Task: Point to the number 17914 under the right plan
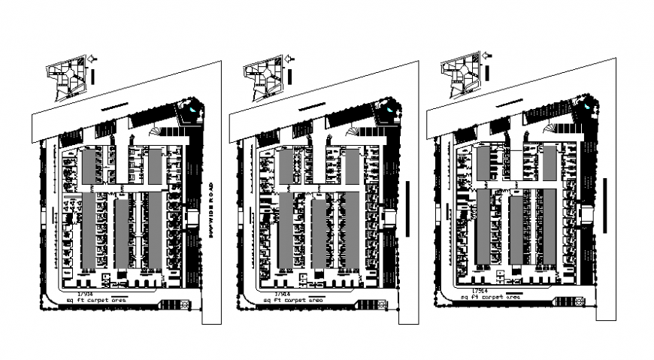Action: point(480,290)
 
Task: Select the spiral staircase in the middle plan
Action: point(352,133)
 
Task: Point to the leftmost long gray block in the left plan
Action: point(88,231)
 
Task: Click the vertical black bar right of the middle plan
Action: point(406,207)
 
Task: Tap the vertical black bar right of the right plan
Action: point(604,204)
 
